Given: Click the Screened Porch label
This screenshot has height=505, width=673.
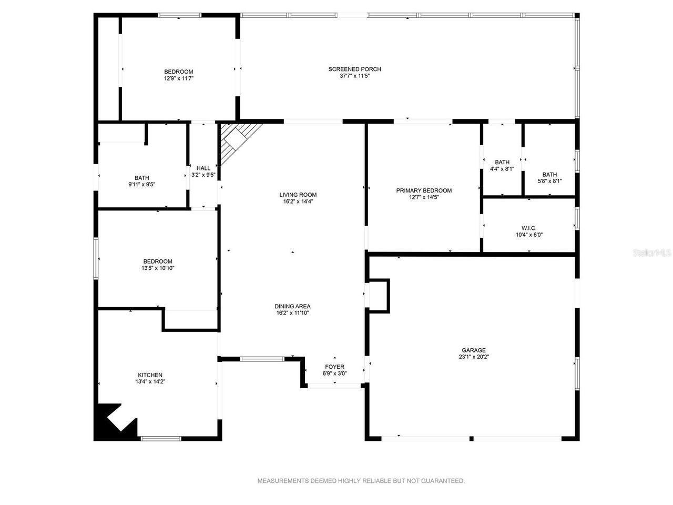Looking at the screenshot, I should [354, 69].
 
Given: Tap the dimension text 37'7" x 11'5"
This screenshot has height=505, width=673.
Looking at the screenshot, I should [354, 76].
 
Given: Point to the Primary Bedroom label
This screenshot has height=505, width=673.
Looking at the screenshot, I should [424, 190].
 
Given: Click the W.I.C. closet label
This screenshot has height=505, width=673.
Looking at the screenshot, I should [529, 228].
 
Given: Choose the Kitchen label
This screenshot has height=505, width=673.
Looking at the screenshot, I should [150, 375].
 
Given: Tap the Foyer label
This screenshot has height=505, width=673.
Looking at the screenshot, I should [334, 367].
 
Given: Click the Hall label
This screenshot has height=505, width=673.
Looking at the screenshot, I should [203, 168].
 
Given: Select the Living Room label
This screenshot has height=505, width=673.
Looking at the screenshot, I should [298, 195].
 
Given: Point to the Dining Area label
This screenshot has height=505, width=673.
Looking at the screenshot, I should [292, 306].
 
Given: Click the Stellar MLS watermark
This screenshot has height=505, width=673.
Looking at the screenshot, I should [652, 253].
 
